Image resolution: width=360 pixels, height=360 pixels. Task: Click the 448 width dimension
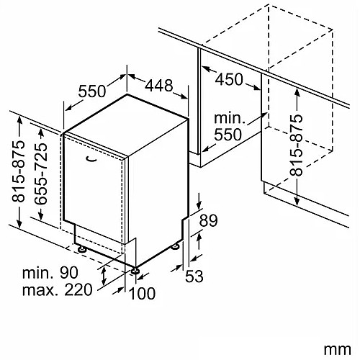coord(158,86)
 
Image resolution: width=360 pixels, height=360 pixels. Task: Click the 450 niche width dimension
coord(229,79)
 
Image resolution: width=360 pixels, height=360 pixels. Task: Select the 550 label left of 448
coord(92,91)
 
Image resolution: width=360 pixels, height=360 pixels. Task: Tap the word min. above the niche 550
coord(229,118)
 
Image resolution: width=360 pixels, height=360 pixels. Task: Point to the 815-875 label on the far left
coord(19,171)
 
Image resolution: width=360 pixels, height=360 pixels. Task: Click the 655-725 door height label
coord(40,174)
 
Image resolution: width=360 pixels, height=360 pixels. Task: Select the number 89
coord(208,220)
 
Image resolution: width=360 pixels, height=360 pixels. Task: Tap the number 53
coord(194,276)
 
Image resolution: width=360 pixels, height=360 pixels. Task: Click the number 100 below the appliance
coord(142,293)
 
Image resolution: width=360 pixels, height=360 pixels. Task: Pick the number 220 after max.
coord(78,289)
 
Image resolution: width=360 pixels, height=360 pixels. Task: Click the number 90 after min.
coord(69,273)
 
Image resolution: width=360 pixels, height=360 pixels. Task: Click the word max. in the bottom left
coord(41,290)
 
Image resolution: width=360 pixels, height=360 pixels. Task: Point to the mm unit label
coord(337,350)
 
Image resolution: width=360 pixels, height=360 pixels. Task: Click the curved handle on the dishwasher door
coord(91,159)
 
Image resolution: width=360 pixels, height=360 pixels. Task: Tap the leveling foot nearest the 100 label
coord(135,271)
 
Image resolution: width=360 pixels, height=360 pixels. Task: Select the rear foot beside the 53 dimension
coord(176,246)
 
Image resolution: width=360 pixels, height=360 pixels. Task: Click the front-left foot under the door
coord(82,249)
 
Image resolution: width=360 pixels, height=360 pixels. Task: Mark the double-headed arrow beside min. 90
coord(104,276)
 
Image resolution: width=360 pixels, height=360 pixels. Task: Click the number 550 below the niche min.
coord(228,135)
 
